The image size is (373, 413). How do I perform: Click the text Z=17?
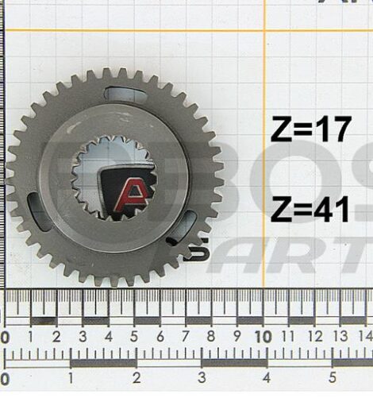pos(310,129)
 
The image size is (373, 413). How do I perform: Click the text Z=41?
pos(310,210)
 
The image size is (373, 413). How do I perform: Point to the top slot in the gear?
pos(125,95)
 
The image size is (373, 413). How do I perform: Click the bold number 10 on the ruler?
pos(262,337)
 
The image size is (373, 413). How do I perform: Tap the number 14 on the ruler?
pos(364,337)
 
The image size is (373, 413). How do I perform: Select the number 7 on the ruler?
pos(185,337)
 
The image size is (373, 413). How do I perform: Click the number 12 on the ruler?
pos(313,337)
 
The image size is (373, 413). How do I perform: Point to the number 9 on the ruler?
pos(236,337)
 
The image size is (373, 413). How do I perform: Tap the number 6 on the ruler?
pos(160,337)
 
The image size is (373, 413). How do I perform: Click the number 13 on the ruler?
pos(340,337)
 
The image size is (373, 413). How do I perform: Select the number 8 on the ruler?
pos(210,337)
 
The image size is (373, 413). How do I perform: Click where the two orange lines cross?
pos(264,30)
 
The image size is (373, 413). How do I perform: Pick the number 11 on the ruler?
pos(288,337)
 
